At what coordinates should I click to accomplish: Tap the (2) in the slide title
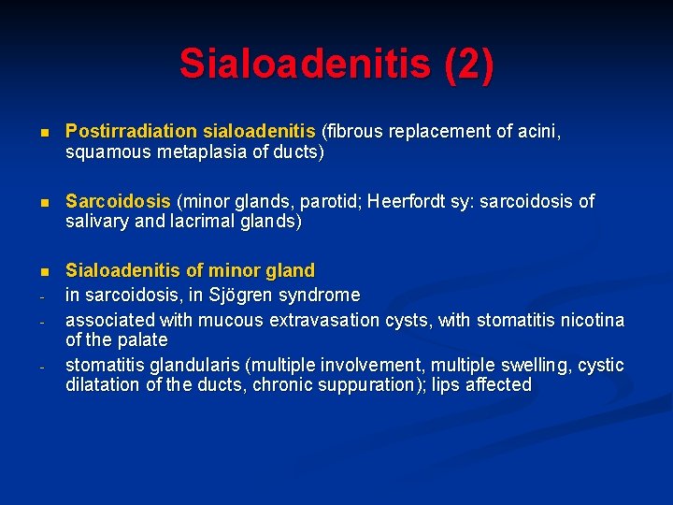click(x=469, y=65)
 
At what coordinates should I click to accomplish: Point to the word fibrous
click(x=353, y=133)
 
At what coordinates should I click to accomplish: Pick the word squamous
click(x=102, y=152)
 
